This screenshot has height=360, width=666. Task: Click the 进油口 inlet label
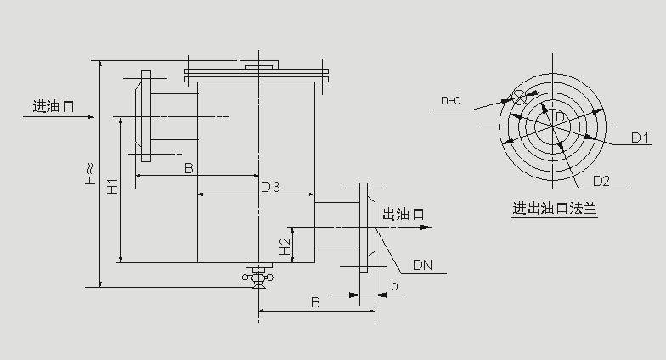pyautogui.click(x=54, y=107)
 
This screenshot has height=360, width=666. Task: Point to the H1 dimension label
pyautogui.click(x=112, y=188)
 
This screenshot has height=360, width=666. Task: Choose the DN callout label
pyautogui.click(x=423, y=265)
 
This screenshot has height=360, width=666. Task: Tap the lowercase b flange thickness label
pyautogui.click(x=393, y=286)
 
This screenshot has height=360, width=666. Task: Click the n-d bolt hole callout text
pyautogui.click(x=451, y=101)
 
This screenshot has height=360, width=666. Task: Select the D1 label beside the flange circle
pyautogui.click(x=640, y=137)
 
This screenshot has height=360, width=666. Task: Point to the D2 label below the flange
pyautogui.click(x=601, y=180)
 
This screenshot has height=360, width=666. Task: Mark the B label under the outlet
pyautogui.click(x=314, y=302)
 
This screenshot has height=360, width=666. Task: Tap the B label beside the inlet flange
pyautogui.click(x=189, y=168)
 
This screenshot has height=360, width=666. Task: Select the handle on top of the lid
pyautogui.click(x=257, y=65)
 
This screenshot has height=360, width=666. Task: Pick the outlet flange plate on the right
pyautogui.click(x=364, y=228)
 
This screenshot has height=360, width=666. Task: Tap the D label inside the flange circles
pyautogui.click(x=560, y=115)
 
